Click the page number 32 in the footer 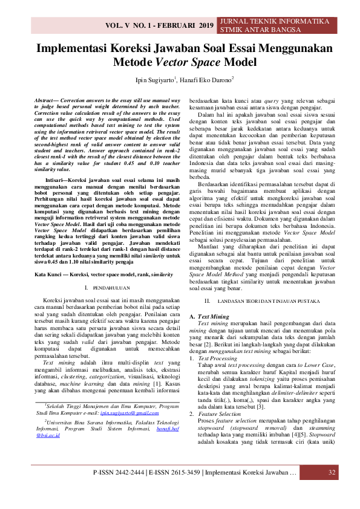tap(332, 488)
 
